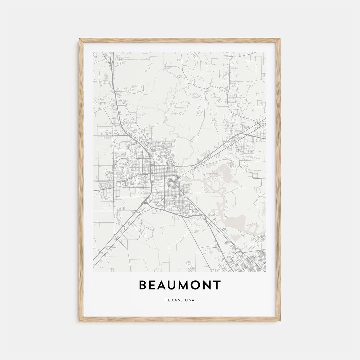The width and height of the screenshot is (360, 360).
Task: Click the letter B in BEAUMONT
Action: pyautogui.click(x=143, y=285)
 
